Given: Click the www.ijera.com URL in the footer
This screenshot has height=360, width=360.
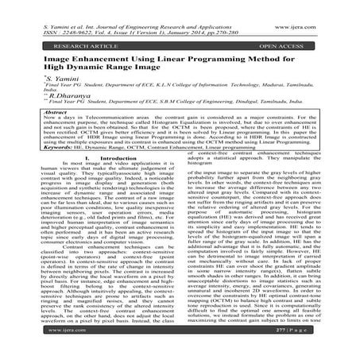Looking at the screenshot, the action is point(48,350).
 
